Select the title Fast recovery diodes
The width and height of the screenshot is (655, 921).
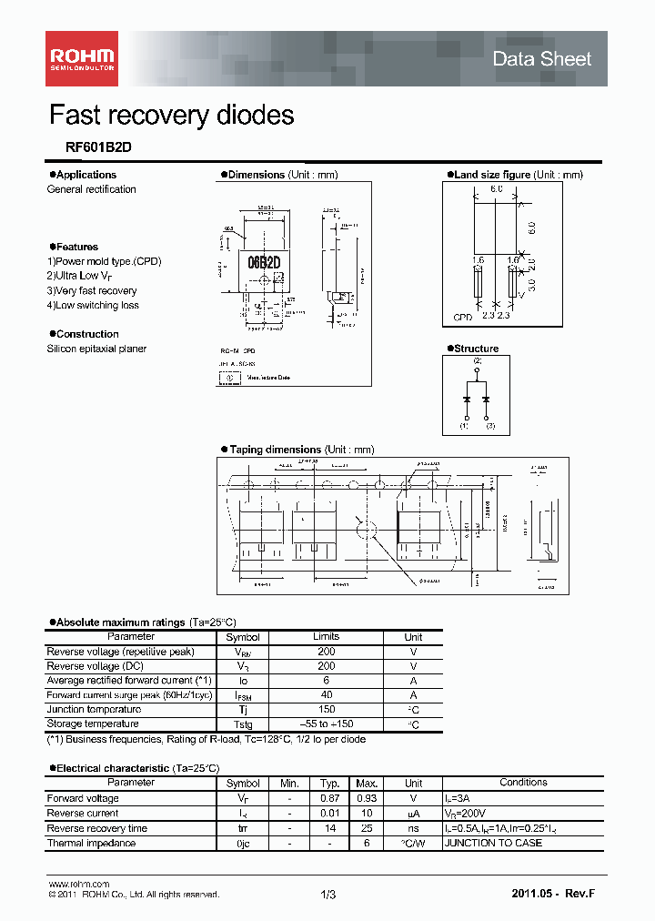[171, 116]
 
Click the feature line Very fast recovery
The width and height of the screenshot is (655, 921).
[92, 290]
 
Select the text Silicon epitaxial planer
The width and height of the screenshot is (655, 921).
[96, 349]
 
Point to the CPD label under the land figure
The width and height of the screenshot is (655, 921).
[463, 319]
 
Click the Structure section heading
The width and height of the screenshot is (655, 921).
[476, 349]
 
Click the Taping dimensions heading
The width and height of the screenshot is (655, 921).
[275, 450]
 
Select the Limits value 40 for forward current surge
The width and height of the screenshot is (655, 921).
[326, 695]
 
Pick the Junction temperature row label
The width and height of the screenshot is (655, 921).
[94, 710]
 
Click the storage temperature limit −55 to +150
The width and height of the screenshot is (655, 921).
[326, 724]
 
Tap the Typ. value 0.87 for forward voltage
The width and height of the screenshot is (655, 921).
[329, 798]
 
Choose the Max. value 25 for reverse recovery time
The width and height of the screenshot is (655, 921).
[367, 828]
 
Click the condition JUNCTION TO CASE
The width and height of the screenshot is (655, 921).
[492, 843]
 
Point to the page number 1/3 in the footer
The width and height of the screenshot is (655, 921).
[328, 896]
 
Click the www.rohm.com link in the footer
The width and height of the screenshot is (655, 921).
[78, 885]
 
